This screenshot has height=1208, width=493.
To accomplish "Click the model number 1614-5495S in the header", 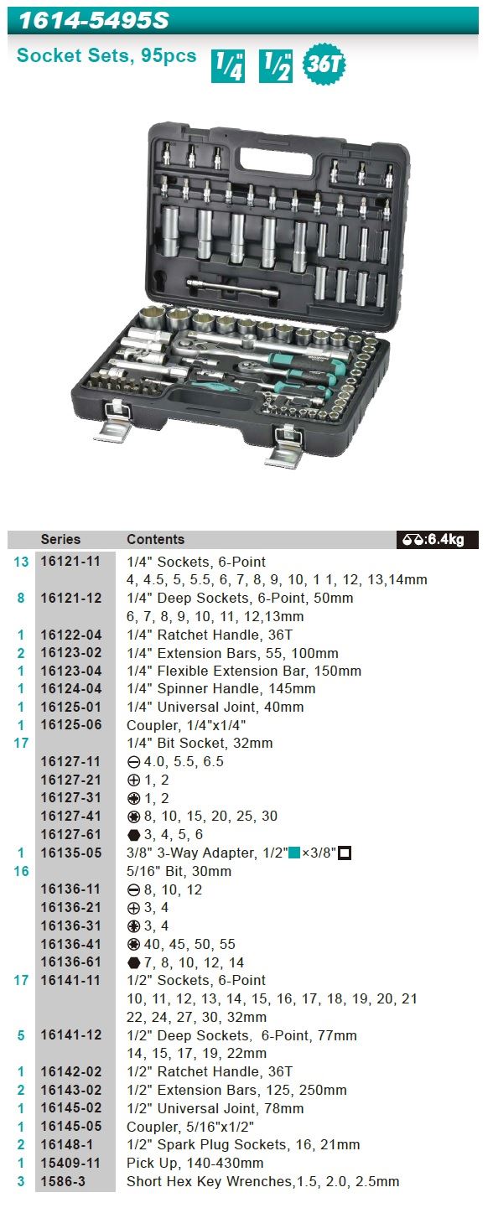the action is [x=94, y=20].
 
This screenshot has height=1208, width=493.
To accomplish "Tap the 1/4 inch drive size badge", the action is [x=227, y=66].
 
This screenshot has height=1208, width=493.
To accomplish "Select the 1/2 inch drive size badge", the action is [x=276, y=66].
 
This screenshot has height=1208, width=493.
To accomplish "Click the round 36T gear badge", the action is [x=324, y=64].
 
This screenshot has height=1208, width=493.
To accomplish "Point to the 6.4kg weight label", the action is [x=437, y=539].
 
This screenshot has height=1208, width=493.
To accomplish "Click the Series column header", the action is [x=60, y=539].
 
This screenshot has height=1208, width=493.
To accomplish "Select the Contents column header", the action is [x=155, y=539].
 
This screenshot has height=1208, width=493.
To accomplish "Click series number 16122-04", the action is [x=70, y=635].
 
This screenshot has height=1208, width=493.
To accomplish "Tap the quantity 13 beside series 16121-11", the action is [x=21, y=562].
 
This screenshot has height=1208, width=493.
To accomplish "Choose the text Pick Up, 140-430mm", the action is [x=195, y=1164].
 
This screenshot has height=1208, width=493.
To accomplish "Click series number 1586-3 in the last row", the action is [x=63, y=1181].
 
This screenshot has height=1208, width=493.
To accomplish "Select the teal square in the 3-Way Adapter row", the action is [x=294, y=853].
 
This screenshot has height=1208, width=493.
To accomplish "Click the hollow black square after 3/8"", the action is [x=345, y=853].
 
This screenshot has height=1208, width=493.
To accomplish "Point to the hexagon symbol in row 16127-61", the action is [x=134, y=835].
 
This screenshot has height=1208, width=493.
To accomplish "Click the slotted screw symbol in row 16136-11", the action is [x=134, y=890].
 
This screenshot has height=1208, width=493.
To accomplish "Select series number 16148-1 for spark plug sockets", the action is [x=67, y=1145].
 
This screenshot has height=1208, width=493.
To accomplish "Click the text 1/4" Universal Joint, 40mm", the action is [x=215, y=707].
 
